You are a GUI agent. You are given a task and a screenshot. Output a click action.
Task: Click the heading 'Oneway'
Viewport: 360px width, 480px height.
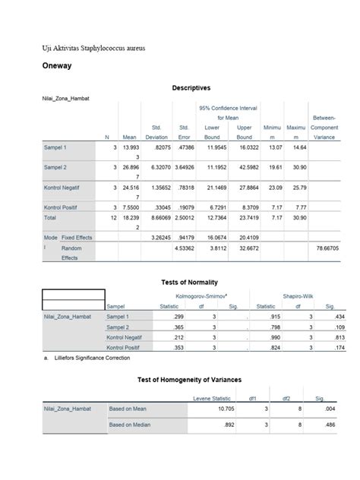pyautogui.click(x=57, y=66)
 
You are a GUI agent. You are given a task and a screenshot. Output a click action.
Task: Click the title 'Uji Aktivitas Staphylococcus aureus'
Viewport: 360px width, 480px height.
pyautogui.click(x=93, y=48)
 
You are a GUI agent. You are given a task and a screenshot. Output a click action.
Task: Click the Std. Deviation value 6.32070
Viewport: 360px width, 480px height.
pyautogui.click(x=156, y=167)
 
